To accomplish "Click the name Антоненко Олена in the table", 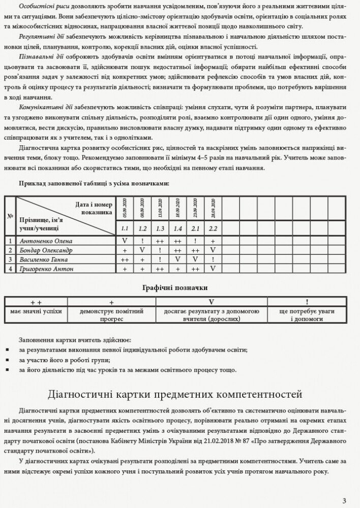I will pos(46,241).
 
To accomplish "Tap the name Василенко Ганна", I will pos(44,259).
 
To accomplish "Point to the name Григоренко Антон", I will pos(46,268).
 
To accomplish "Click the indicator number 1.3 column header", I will pos(160,229).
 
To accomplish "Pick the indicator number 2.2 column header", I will pos(214,229).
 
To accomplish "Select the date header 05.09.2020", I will pos(125,208).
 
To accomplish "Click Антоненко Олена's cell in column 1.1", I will pos(125,241).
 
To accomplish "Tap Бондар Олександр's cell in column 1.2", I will pos(142,250).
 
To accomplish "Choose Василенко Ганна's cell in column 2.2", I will pos(214,259).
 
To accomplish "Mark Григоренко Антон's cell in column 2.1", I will pos(196,268).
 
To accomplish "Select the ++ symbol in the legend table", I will pos(36,302).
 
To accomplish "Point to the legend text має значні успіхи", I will pos(36,311).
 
